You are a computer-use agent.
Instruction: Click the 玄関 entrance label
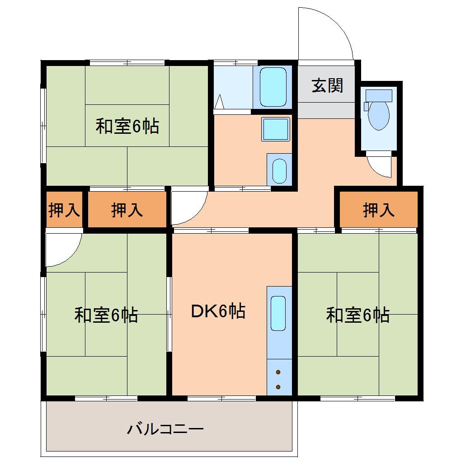click(327, 85)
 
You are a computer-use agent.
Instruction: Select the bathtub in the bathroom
click(273, 86)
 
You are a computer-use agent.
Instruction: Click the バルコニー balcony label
click(165, 428)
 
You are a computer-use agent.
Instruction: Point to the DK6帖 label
click(218, 311)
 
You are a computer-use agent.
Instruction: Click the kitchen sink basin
click(278, 313)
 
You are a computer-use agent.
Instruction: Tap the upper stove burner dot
click(278, 372)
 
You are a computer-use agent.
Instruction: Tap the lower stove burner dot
click(278, 386)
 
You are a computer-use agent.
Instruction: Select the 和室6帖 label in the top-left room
click(127, 127)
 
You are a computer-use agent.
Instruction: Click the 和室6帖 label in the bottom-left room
click(106, 315)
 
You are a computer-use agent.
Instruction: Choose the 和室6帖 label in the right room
click(358, 315)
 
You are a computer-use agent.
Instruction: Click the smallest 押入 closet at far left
click(64, 210)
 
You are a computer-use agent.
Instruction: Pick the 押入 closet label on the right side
click(379, 210)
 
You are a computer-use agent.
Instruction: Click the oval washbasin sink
click(279, 169)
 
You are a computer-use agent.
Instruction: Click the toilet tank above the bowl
click(379, 95)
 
